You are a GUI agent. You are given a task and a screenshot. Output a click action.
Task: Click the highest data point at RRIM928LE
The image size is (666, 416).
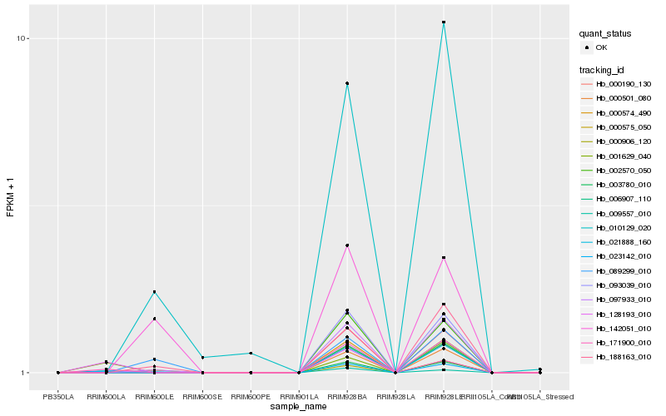[444, 22]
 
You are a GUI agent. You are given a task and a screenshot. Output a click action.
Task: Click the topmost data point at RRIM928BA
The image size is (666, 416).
[347, 83]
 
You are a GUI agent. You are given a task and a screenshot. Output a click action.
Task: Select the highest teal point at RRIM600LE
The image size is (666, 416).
[154, 292]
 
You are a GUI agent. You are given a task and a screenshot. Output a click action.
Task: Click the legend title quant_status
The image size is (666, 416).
[606, 34]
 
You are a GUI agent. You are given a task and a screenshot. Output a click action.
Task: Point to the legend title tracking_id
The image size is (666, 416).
[604, 69]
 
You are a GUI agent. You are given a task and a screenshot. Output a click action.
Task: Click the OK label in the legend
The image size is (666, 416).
[601, 47]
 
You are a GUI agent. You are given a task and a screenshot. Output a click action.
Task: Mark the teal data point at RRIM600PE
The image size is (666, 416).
[251, 354]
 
